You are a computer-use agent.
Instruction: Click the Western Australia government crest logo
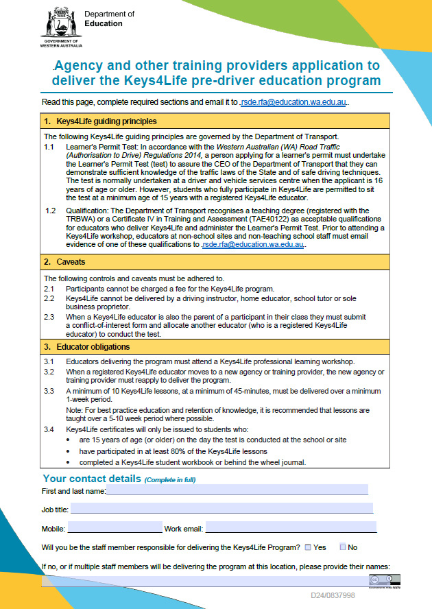60,24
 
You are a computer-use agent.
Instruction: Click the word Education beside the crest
104,23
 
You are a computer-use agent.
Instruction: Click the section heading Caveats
71,262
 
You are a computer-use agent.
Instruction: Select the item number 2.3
49,317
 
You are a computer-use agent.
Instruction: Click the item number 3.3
49,390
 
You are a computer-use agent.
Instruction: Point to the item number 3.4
49,429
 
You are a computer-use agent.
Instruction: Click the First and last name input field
237,490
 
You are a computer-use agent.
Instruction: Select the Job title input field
221,508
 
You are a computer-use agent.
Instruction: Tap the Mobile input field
114,528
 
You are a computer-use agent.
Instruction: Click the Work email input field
291,528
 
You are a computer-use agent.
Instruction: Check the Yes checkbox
308,547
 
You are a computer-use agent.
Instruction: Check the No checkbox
343,547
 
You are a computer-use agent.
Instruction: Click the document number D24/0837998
333,595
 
